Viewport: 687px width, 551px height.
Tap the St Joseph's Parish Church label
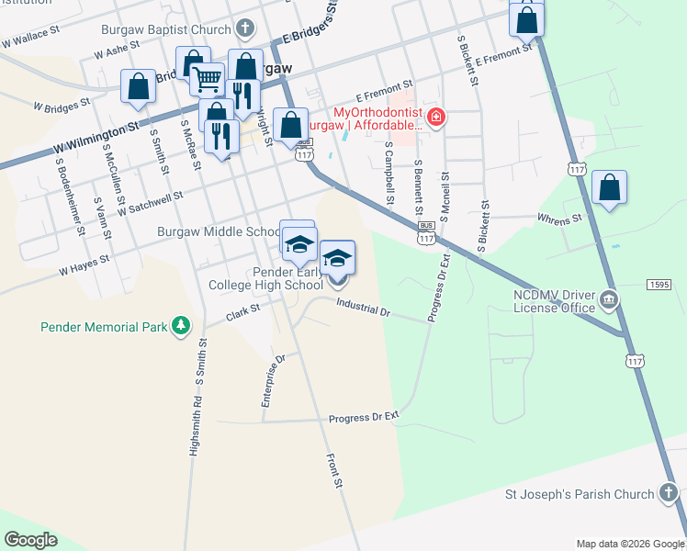point(580,495)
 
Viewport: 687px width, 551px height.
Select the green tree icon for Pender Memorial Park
point(182,326)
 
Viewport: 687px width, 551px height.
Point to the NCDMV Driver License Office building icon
point(608,299)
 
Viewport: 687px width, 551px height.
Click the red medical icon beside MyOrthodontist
point(436,118)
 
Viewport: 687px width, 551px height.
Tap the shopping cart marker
point(208,80)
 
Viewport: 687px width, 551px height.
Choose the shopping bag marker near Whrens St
point(609,188)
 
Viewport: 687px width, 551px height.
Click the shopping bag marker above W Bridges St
point(138,87)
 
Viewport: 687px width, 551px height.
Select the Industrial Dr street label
point(364,308)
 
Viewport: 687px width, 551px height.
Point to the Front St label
point(335,469)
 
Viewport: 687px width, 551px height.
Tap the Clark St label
point(243,313)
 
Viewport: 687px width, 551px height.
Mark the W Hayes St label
point(84,265)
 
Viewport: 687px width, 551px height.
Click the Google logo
point(30,540)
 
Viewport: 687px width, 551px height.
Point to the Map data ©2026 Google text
point(630,544)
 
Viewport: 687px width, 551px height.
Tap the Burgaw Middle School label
point(218,232)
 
